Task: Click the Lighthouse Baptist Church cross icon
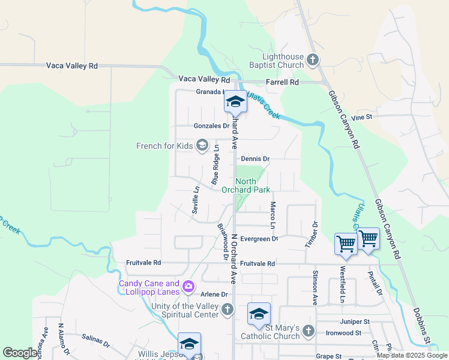312,59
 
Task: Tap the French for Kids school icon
202,145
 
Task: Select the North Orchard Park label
246,186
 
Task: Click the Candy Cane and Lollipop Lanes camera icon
188,287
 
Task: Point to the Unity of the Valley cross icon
227,310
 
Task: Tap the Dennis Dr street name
255,159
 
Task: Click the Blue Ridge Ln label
215,168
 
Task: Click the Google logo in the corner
20,353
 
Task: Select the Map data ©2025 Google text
411,355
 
